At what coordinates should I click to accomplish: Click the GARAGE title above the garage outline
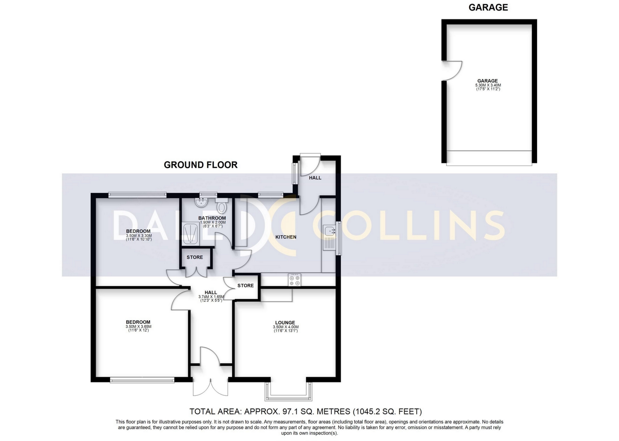pyautogui.click(x=488, y=7)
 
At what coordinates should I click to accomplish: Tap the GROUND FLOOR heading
pyautogui.click(x=201, y=165)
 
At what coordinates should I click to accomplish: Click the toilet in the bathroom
pyautogui.click(x=222, y=205)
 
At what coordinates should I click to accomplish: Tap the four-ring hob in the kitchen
pyautogui.click(x=295, y=280)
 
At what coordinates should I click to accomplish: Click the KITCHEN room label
pyautogui.click(x=286, y=237)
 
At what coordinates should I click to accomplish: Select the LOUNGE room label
pyautogui.click(x=285, y=322)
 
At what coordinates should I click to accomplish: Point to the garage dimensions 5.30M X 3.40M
pyautogui.click(x=488, y=85)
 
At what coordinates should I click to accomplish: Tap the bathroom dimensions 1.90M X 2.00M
pyautogui.click(x=213, y=222)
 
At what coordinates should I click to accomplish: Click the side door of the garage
pyautogui.click(x=452, y=71)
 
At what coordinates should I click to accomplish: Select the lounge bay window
pyautogui.click(x=288, y=391)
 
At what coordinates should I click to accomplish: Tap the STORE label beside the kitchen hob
pyautogui.click(x=246, y=285)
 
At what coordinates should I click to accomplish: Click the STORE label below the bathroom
pyautogui.click(x=195, y=257)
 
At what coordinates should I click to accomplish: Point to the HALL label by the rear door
pyautogui.click(x=315, y=178)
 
